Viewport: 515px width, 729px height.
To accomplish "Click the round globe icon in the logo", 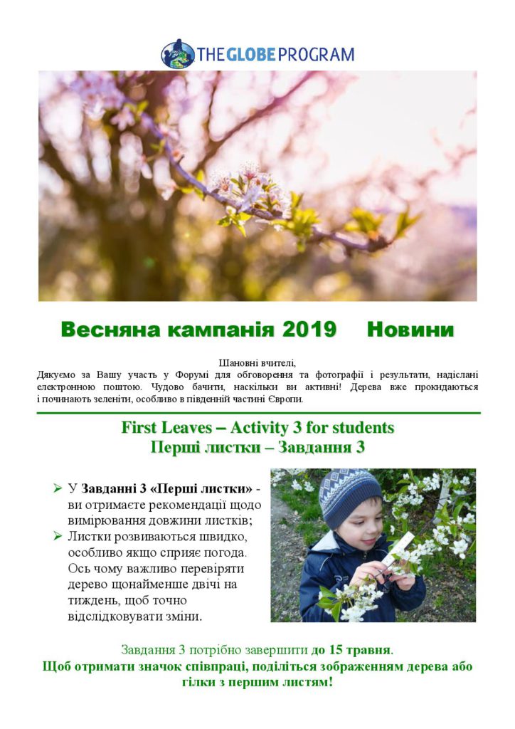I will click(x=177, y=54).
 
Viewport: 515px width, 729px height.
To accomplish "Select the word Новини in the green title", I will click(x=410, y=330).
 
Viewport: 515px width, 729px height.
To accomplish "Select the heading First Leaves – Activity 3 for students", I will click(x=257, y=428).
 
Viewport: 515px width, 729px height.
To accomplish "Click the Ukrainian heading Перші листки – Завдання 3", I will click(x=257, y=447).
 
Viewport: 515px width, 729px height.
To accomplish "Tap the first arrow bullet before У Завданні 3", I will click(x=57, y=488).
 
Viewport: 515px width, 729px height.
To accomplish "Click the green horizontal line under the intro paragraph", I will click(x=257, y=413).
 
